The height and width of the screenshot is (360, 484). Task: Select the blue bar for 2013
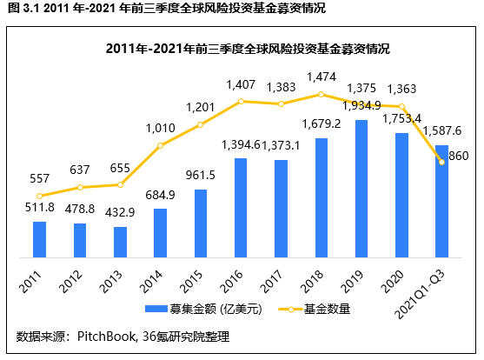tap(120, 242)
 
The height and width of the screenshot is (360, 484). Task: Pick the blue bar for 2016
tap(241, 208)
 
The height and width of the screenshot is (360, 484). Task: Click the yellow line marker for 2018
tap(321, 94)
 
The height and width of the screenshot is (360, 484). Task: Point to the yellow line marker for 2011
tap(39, 196)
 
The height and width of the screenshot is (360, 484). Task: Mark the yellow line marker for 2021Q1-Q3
tap(441, 163)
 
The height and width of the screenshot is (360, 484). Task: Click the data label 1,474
tap(321, 78)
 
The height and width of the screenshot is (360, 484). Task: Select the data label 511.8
tap(39, 206)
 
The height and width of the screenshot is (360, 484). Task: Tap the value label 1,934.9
tap(362, 105)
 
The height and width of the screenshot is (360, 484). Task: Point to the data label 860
tap(457, 157)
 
